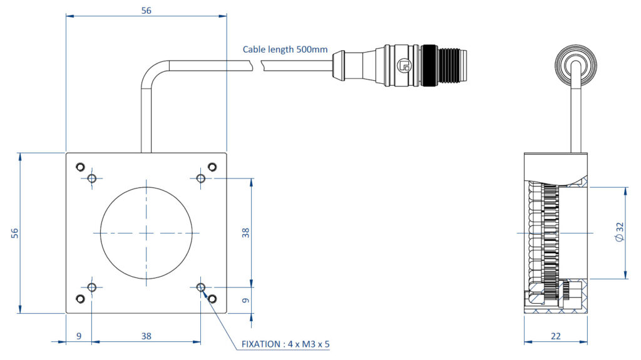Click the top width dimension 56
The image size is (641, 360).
pyautogui.click(x=146, y=10)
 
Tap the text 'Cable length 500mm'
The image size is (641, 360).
pyautogui.click(x=285, y=49)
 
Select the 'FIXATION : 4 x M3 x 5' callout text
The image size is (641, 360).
pyautogui.click(x=285, y=344)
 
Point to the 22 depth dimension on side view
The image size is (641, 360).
pyautogui.click(x=555, y=336)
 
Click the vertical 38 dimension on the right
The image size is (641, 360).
pyautogui.click(x=246, y=232)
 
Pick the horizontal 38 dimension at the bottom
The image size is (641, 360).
pyautogui.click(x=146, y=336)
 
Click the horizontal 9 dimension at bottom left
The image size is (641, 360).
pyautogui.click(x=79, y=336)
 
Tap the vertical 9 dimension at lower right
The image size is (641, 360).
pyautogui.click(x=246, y=300)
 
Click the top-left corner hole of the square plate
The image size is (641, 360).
pyautogui.click(x=79, y=167)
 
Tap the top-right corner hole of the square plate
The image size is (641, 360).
pyautogui.click(x=212, y=167)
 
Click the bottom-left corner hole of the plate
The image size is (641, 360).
pyautogui.click(x=79, y=299)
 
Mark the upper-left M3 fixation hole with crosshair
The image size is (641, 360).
pyautogui.click(x=92, y=179)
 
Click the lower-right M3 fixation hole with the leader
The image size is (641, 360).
pyautogui.click(x=201, y=287)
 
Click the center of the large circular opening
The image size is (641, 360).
pyautogui.click(x=146, y=232)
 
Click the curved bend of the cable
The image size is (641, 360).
pyautogui.click(x=152, y=71)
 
